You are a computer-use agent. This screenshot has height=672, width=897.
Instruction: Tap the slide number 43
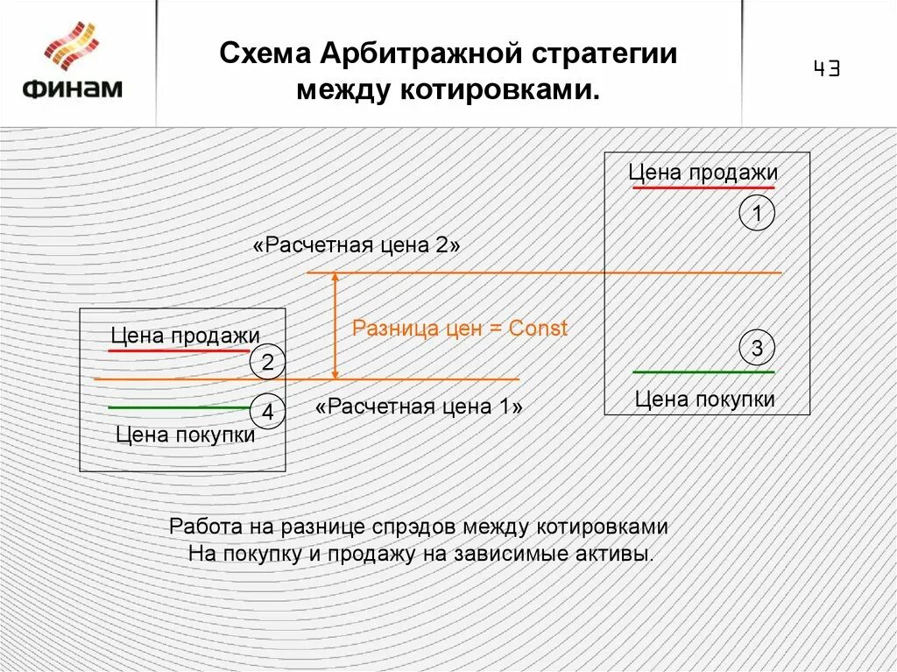(826, 69)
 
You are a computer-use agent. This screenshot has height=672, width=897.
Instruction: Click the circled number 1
(757, 213)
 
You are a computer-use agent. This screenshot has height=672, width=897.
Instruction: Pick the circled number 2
(267, 362)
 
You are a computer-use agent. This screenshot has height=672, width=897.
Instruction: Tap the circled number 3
(757, 349)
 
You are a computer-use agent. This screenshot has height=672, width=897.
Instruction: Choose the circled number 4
(267, 411)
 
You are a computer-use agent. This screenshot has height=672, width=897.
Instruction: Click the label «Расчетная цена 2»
(357, 245)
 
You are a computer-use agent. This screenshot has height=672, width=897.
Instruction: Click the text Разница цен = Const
(460, 329)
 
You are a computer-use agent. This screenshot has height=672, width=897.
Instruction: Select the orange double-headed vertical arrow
(334, 326)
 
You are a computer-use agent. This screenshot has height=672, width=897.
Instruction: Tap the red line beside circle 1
(703, 187)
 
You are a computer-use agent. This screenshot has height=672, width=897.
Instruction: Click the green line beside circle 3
(703, 372)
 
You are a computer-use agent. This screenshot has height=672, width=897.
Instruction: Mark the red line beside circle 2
(180, 350)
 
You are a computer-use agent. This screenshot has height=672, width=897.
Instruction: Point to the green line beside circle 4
(180, 408)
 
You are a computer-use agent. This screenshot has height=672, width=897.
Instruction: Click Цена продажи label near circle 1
(703, 173)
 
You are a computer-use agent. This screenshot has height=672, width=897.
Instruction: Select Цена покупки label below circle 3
(704, 400)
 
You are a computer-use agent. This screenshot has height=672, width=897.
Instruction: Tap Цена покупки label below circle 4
(185, 435)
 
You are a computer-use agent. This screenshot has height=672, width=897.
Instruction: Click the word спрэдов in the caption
(417, 527)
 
